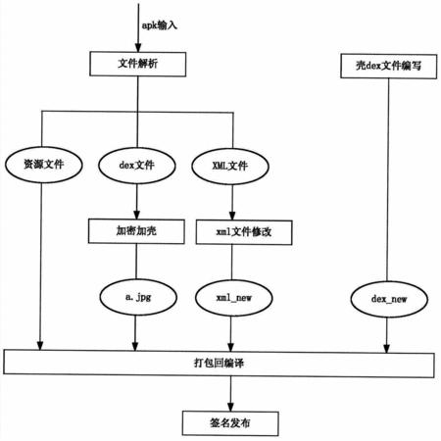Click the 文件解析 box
point(138,64)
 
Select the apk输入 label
point(160,25)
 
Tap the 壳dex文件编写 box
point(389,67)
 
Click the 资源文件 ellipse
point(44,165)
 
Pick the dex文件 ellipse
point(137,166)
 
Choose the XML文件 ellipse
point(230,167)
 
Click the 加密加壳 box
point(136,231)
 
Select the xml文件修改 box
point(244,232)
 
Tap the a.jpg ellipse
point(138,297)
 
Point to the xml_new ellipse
point(234,298)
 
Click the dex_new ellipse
point(389,299)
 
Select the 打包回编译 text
point(219,363)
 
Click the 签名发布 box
point(230,423)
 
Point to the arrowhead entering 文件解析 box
point(138,48)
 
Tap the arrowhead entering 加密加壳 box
point(137,215)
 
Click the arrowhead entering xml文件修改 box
point(232,216)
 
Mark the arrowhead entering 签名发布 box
point(230,407)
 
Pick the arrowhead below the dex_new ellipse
point(387,349)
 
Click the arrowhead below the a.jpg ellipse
point(135,347)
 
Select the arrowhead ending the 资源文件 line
point(40,346)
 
